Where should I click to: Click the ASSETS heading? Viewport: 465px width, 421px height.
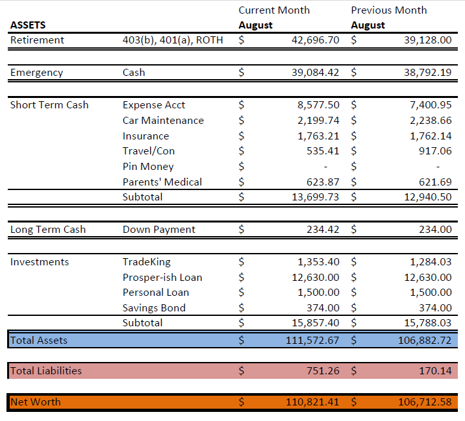(x=28, y=25)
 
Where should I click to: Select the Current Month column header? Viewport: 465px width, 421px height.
(x=274, y=10)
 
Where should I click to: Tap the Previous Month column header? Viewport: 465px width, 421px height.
(x=388, y=10)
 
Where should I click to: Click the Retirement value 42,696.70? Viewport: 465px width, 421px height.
(x=316, y=40)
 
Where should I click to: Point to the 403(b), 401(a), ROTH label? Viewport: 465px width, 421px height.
(x=172, y=40)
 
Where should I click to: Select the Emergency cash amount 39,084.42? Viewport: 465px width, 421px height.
(x=316, y=73)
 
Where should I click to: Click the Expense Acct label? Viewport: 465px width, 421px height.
(x=154, y=105)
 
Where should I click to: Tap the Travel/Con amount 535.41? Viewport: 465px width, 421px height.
(x=323, y=151)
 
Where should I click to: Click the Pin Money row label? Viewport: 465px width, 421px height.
(x=148, y=167)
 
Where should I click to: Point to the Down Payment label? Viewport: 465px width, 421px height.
(x=159, y=230)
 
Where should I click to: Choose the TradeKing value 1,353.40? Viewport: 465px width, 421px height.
(x=318, y=262)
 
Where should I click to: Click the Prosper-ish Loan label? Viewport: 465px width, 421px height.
(x=162, y=278)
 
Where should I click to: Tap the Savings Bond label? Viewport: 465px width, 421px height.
(x=154, y=308)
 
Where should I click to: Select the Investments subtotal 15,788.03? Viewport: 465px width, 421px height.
(x=428, y=322)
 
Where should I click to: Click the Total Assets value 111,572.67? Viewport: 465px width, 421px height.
(x=312, y=341)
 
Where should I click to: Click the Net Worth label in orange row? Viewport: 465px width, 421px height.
(x=36, y=402)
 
